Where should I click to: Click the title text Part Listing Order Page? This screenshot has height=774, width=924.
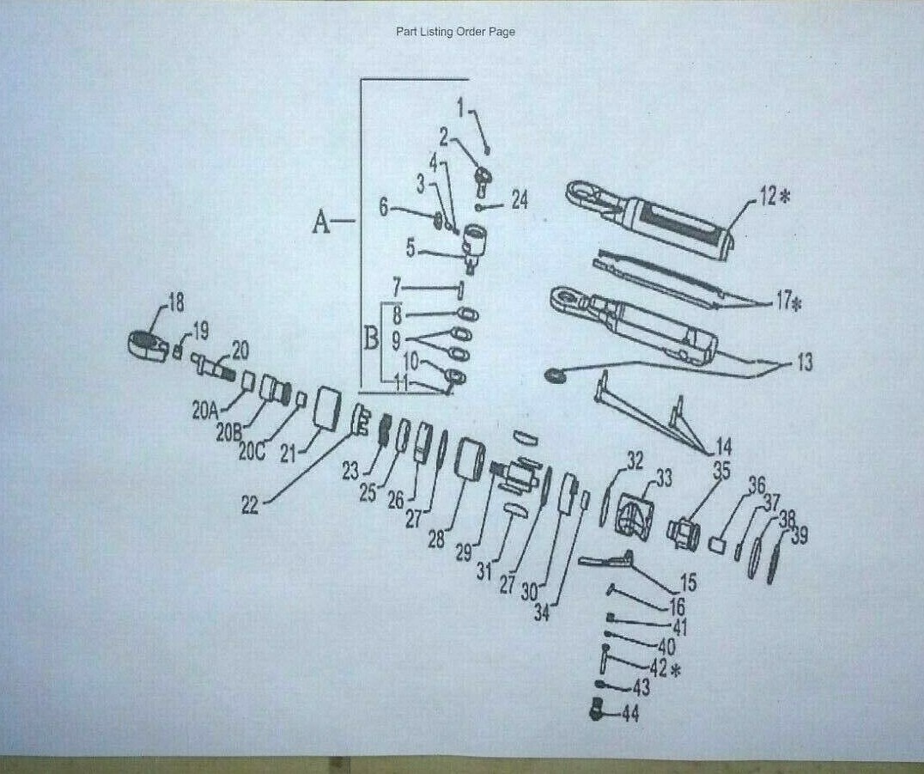[x=455, y=32]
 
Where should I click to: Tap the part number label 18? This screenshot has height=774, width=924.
[x=175, y=302]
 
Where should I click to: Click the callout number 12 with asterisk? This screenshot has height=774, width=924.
[x=773, y=197]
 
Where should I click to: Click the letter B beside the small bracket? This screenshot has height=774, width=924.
[x=371, y=338]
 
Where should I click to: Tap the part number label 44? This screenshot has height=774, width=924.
[x=629, y=714]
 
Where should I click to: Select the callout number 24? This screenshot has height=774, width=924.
[x=520, y=200]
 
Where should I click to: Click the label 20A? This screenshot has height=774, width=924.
[x=205, y=411]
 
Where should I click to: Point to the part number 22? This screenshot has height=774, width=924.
[x=249, y=506]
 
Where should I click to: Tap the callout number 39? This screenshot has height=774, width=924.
[x=799, y=537]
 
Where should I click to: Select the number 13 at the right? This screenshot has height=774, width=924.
[x=803, y=363]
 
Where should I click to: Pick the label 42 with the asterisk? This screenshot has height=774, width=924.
[x=664, y=667]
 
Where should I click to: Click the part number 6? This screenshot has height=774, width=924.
[x=384, y=207]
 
